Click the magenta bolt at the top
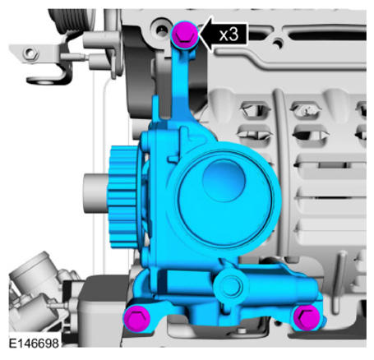click(184, 35)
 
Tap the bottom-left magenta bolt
click(136, 318)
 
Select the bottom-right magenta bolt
click(307, 317)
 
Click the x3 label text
click(229, 35)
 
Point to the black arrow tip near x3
click(199, 34)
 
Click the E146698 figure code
click(34, 344)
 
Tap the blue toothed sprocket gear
click(123, 196)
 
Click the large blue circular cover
click(224, 198)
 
